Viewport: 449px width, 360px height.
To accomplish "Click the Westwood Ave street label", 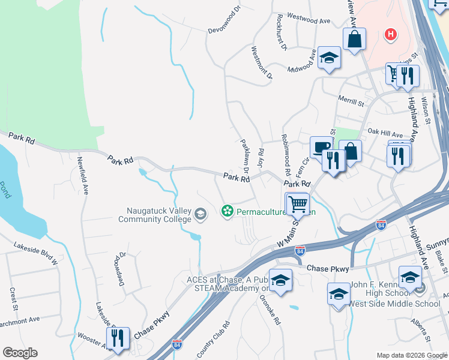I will click(x=309, y=20).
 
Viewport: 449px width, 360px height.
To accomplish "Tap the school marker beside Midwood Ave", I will click(x=328, y=58).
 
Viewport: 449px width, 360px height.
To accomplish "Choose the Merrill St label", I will click(x=352, y=103).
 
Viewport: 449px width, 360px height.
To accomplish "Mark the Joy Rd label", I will click(x=261, y=156).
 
